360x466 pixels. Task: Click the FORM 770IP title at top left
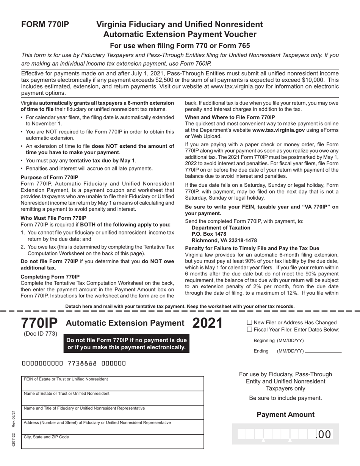click(x=45, y=25)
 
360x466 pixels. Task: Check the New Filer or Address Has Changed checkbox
click(x=249, y=322)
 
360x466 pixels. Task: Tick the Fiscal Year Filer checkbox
click(x=249, y=329)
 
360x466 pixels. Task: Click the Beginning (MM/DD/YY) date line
click(x=323, y=341)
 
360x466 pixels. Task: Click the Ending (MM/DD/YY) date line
click(x=323, y=352)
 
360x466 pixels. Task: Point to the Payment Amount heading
click(x=285, y=414)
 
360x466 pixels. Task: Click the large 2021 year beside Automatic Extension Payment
click(x=207, y=323)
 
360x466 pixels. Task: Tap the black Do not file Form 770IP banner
click(x=127, y=344)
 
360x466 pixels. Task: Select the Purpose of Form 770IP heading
click(x=49, y=177)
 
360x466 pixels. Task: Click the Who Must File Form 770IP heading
click(x=53, y=218)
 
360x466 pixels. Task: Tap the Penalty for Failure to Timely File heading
click(x=252, y=248)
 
